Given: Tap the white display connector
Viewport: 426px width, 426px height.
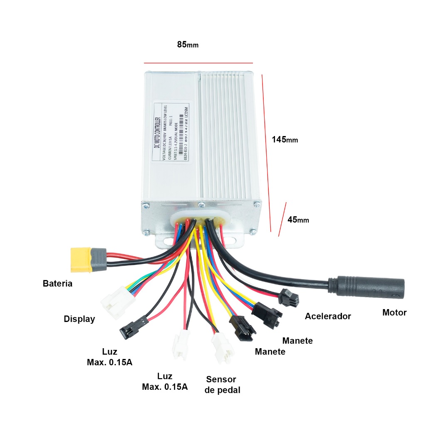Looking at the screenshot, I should [115, 302].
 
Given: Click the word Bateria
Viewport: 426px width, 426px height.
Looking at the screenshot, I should [57, 284].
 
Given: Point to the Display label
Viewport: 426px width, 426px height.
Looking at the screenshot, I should [79, 319].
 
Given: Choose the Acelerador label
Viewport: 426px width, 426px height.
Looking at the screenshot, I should [328, 316].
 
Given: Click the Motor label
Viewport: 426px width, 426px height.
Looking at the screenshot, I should [394, 312].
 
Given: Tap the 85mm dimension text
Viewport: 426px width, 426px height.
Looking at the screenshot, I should [188, 45].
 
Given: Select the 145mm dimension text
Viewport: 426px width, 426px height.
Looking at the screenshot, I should [285, 139].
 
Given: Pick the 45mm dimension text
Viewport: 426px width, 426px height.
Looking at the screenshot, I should [298, 219].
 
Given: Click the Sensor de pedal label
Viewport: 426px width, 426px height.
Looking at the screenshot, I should [222, 385].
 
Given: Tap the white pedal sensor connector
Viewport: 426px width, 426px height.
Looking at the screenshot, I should [222, 349].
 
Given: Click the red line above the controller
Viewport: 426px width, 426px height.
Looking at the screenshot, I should [198, 63].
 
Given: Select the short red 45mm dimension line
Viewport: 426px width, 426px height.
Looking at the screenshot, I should [282, 219].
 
